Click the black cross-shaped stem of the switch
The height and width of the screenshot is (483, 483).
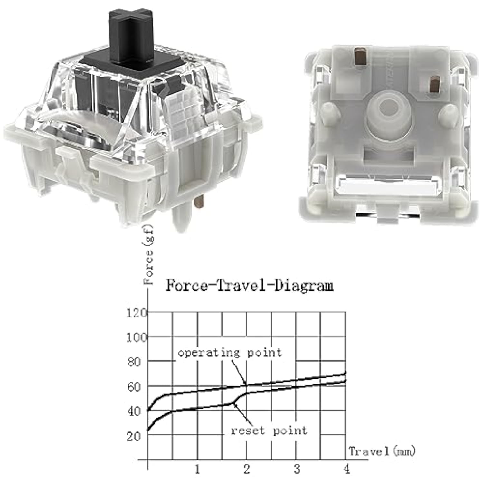[x=130, y=37]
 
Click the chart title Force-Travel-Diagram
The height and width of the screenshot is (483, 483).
[x=250, y=286]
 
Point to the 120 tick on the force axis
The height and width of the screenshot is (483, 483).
[x=137, y=313]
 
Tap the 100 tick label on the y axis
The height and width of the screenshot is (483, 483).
[x=137, y=337]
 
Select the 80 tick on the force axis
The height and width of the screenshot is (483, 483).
[x=134, y=362]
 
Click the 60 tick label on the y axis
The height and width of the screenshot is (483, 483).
[x=134, y=387]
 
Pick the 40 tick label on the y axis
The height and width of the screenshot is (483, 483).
[x=134, y=411]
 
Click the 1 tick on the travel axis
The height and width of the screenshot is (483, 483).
[x=197, y=469]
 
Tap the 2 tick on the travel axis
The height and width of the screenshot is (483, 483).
[x=247, y=469]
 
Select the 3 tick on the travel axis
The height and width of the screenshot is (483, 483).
[x=297, y=469]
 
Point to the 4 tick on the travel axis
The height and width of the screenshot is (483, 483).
[x=346, y=469]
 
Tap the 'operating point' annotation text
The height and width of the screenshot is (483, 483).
[x=230, y=353]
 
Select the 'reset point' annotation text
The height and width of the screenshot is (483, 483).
[x=269, y=431]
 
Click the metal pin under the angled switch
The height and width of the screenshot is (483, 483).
[x=199, y=201]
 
